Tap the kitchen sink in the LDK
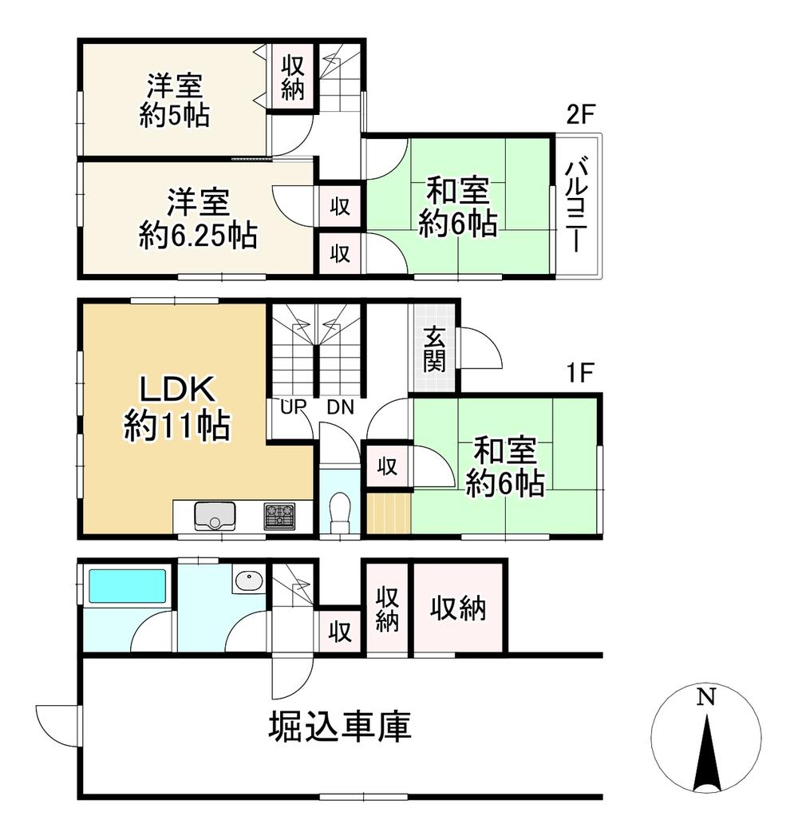(x=212, y=514)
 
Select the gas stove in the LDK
(x=279, y=514)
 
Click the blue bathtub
(x=127, y=586)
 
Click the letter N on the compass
(x=705, y=698)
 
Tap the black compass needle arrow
(x=705, y=754)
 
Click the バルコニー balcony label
(x=578, y=205)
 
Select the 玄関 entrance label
(x=434, y=348)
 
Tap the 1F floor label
(x=581, y=374)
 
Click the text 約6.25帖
(x=197, y=235)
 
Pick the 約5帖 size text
(x=174, y=117)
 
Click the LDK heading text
(x=176, y=390)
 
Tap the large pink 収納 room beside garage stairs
(x=458, y=609)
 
